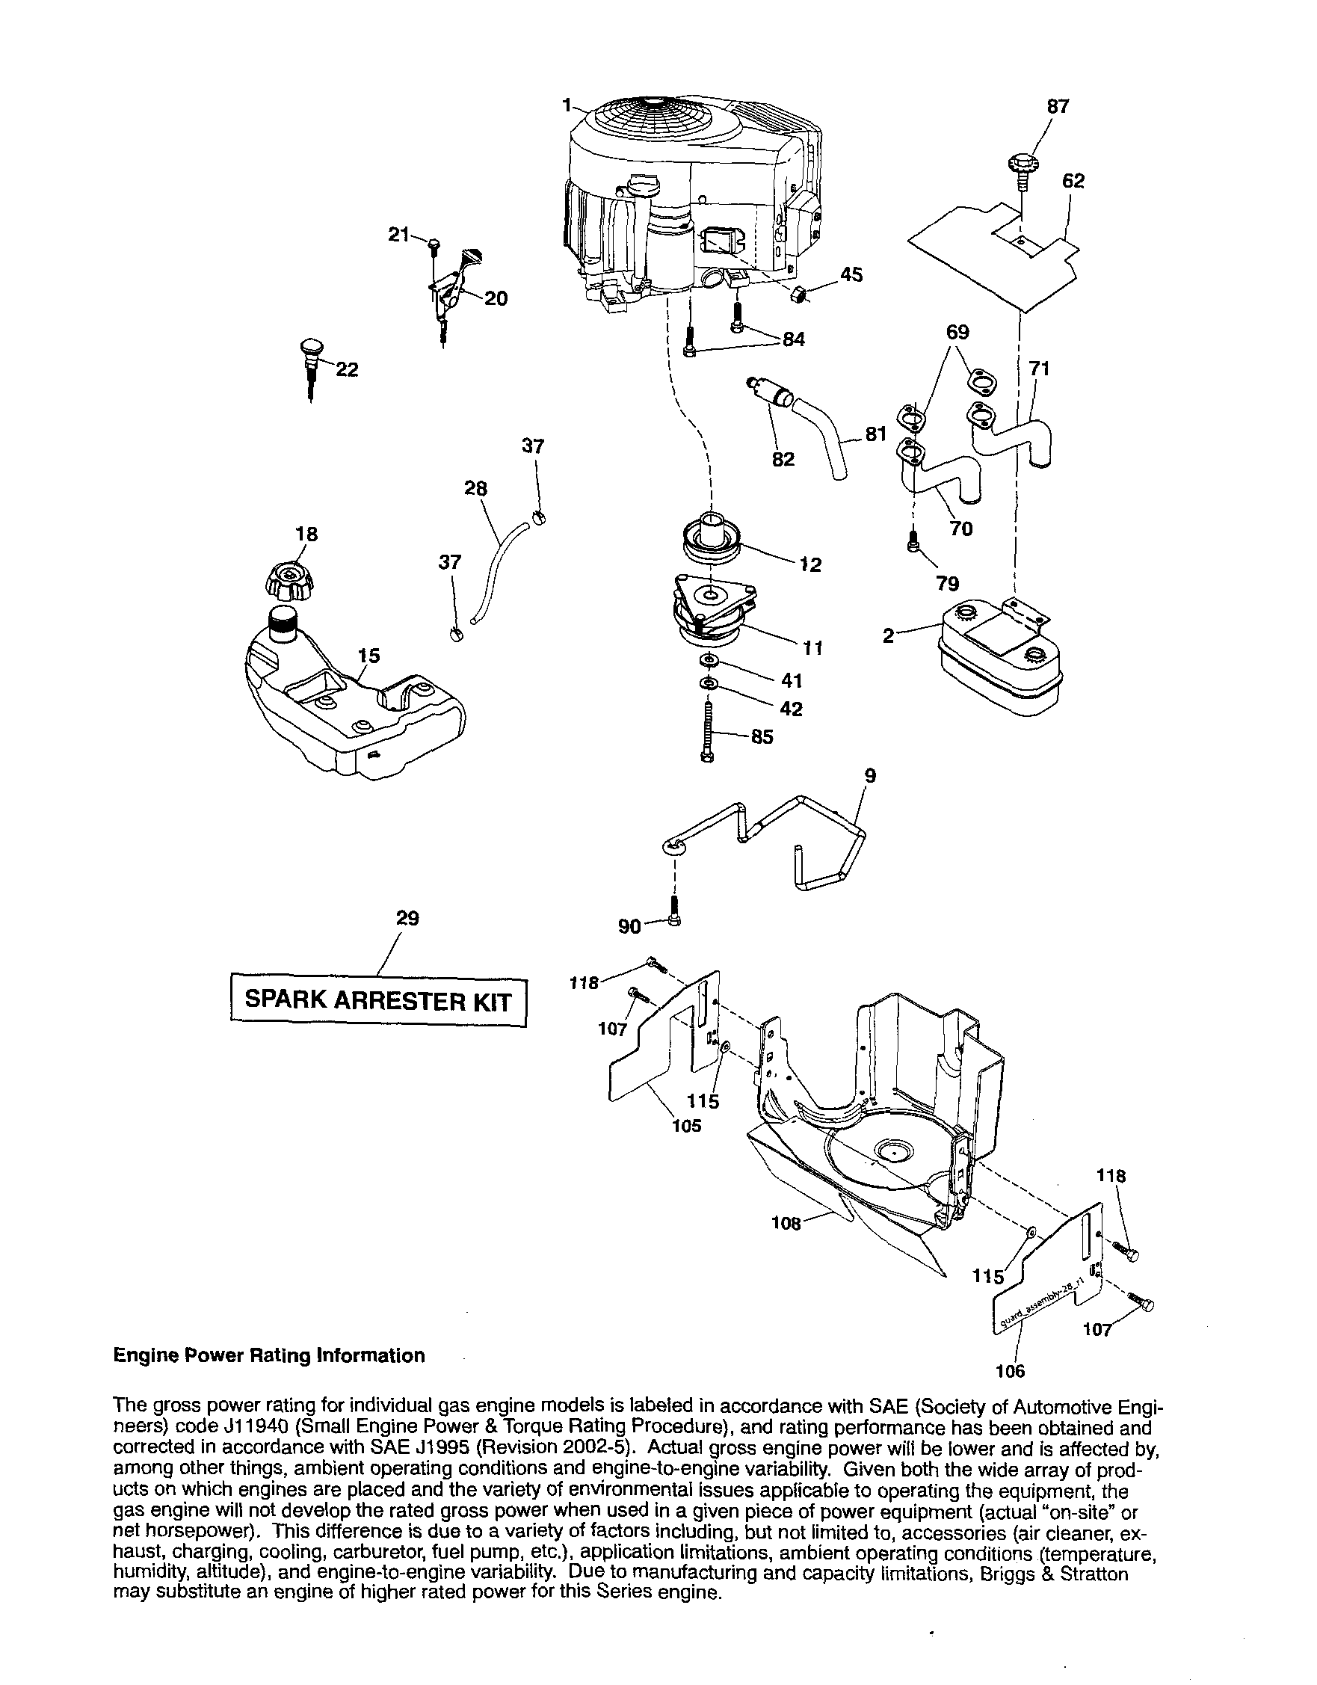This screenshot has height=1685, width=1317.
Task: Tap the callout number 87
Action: [1058, 106]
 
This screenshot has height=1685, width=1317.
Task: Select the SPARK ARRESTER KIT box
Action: [378, 1002]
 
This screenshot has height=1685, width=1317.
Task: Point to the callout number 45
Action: [851, 274]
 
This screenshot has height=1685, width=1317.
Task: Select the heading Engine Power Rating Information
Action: [268, 1355]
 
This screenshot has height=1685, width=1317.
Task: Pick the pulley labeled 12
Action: [711, 537]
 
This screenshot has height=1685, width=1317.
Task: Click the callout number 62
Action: [1073, 181]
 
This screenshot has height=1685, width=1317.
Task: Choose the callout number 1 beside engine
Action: [567, 104]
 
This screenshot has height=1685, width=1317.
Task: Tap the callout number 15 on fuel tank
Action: [368, 656]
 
